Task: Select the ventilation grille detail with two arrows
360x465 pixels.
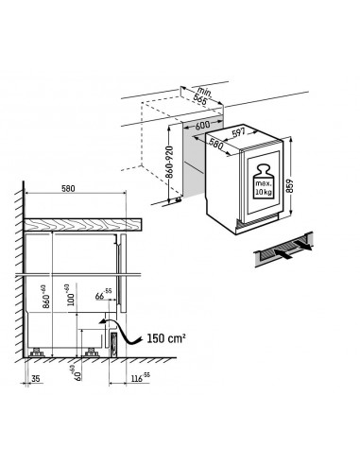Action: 284,250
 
